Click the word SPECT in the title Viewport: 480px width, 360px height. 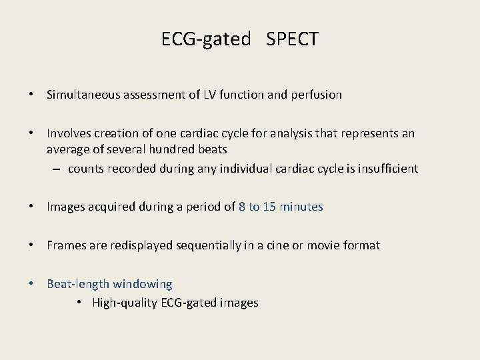coord(292,39)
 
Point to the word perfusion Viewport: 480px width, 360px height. coord(315,95)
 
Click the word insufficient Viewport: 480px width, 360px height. coord(384,169)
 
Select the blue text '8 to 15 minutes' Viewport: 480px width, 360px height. coord(281,207)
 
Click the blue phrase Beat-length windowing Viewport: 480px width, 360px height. coord(109,284)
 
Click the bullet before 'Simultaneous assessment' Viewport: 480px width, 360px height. coord(31,95)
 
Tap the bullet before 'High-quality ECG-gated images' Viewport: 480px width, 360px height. coord(79,303)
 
